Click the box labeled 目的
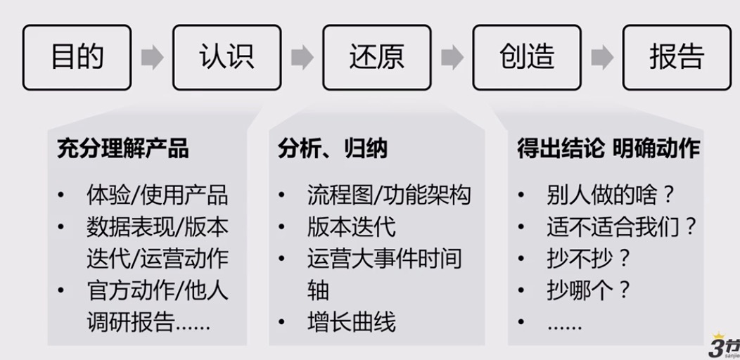click(77, 58)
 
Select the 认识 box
click(227, 58)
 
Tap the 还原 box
click(376, 58)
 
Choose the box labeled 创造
click(526, 58)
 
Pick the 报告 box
click(676, 58)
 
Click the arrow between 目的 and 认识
click(152, 58)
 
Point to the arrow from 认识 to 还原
click(302, 58)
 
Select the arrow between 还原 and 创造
click(452, 58)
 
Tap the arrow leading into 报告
click(601, 58)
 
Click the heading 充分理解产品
click(122, 150)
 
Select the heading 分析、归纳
click(332, 150)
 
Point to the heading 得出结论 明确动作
click(608, 150)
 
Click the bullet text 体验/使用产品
click(157, 194)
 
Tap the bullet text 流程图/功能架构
click(388, 194)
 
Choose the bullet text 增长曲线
click(351, 322)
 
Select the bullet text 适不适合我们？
click(621, 226)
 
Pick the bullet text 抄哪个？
click(589, 290)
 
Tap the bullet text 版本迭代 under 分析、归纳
click(351, 226)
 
